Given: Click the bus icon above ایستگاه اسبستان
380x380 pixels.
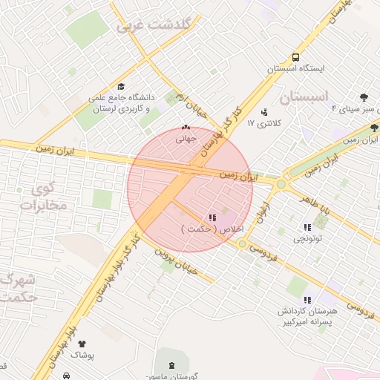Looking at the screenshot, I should pos(296,57).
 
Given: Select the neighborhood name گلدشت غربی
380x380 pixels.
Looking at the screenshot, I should pos(154,25).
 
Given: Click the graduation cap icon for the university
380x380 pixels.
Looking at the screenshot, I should pos(121,86).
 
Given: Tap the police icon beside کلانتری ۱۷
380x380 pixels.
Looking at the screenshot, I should pos(264,112).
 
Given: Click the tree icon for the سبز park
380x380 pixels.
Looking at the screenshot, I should pos(364,97).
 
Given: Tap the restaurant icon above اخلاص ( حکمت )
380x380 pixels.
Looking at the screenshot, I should pos(212,218).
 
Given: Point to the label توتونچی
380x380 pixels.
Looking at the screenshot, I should pos(307,238).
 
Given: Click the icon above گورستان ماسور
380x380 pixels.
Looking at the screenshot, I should pos(172,365).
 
